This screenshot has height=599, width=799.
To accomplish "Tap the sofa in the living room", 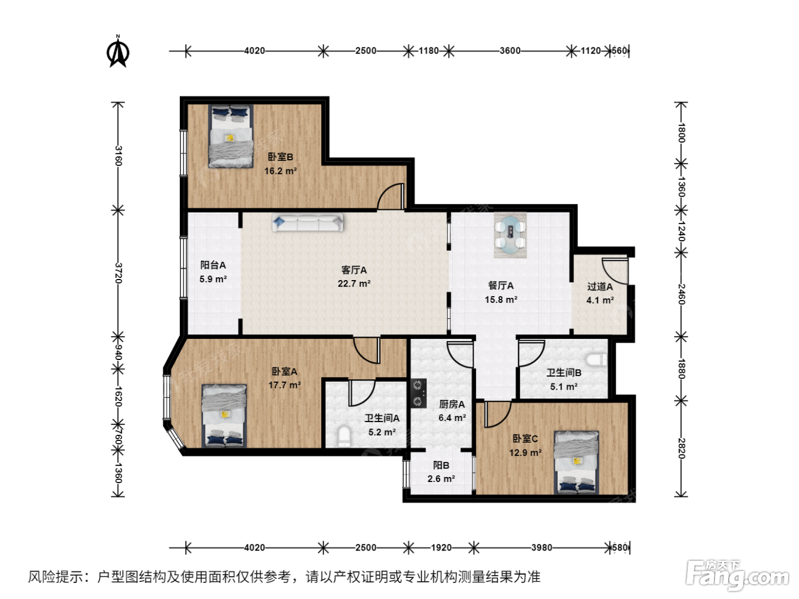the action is pos(308,222).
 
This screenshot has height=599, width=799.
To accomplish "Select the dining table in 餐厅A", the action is pos(510,235).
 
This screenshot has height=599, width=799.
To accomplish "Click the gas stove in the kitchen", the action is pos(418,393).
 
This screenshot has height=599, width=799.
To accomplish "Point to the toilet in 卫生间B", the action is pos(596,360).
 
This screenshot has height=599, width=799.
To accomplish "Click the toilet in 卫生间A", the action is pos(344,436).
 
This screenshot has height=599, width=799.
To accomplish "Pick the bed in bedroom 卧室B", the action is pos(231,136).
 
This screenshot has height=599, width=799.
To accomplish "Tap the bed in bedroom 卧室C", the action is pos(576,462).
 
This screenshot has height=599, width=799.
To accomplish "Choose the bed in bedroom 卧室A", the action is pos(224,416).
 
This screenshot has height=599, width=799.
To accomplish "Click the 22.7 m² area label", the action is pos(354,284).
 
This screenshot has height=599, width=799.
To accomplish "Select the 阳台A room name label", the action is pos(213,265).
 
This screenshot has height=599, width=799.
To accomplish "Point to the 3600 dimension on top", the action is pos(510,51).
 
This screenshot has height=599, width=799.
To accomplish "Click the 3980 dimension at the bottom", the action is pos(542,548).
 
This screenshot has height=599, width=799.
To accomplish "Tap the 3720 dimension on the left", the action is pos(118,273).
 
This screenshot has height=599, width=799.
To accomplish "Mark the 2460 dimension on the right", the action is pos(681,294).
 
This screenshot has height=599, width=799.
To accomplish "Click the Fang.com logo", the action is pos(737,574).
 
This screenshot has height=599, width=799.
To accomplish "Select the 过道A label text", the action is pos(600,286).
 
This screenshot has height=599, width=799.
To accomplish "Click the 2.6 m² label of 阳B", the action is pos(441,479).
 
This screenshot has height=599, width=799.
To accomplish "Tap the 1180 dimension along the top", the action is pos(429,51).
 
